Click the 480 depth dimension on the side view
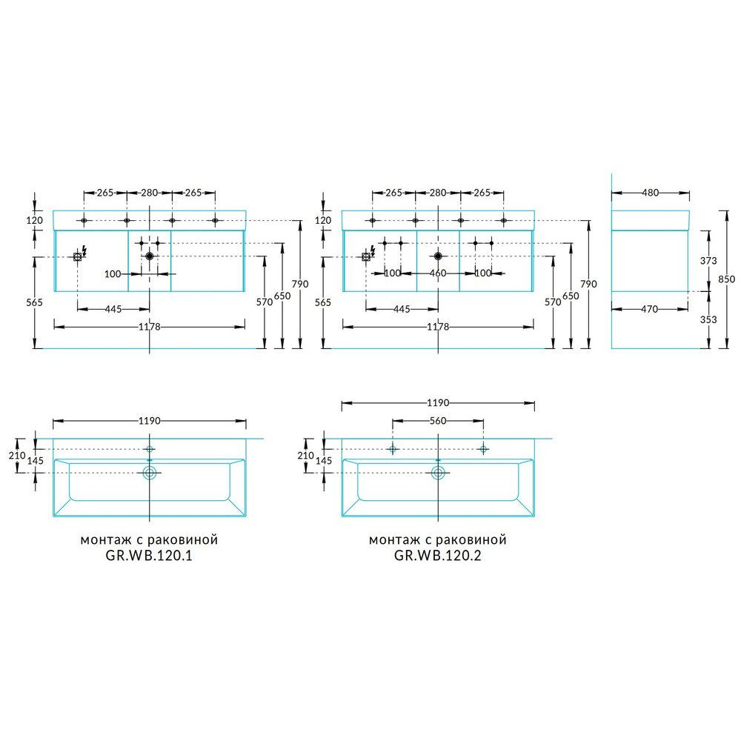pos(651,193)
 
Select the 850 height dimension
pos(726,279)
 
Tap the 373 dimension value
pos(708,260)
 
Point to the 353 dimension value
pos(708,319)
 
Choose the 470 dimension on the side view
pos(649,309)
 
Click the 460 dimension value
pos(438,273)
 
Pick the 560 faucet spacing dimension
pos(438,421)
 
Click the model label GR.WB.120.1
pos(149,555)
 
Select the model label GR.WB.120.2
pos(438,555)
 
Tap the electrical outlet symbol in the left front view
pos(78,256)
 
